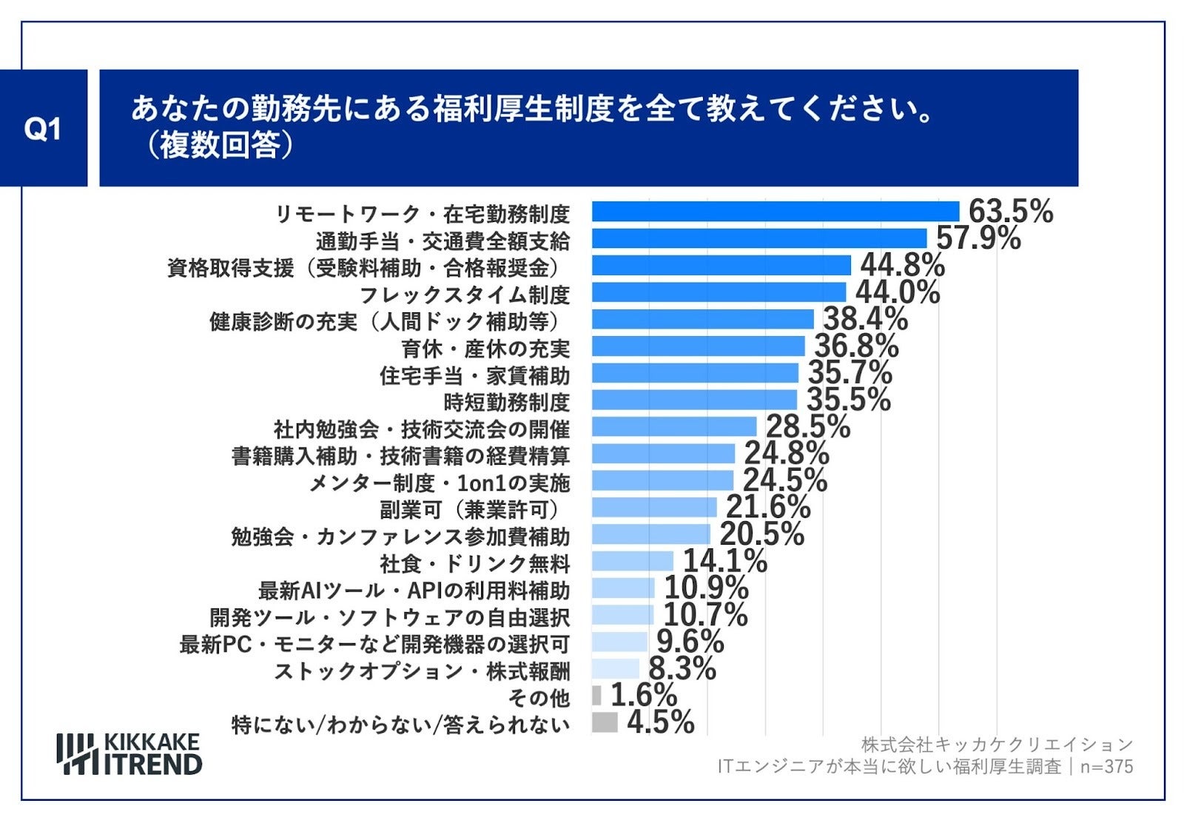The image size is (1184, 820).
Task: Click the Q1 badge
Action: pyautogui.click(x=42, y=129)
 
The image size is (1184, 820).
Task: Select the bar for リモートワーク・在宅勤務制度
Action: pyautogui.click(x=775, y=212)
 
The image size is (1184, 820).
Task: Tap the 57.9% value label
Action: pyautogui.click(x=978, y=238)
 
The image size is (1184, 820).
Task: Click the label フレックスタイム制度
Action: pyautogui.click(x=464, y=295)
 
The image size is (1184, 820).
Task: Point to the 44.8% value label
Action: pyautogui.click(x=901, y=265)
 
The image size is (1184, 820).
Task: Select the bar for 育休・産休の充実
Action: pyautogui.click(x=698, y=346)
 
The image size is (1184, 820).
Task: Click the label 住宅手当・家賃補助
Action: pyautogui.click(x=474, y=375)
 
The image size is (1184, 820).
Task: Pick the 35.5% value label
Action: pyautogui.click(x=848, y=400)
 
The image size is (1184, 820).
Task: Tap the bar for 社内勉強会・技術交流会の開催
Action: pyautogui.click(x=673, y=427)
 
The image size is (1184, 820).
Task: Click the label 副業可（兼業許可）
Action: pyautogui.click(x=470, y=509)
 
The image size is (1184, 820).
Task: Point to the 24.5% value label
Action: pyautogui.click(x=784, y=480)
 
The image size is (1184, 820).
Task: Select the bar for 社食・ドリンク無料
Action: pyautogui.click(x=632, y=561)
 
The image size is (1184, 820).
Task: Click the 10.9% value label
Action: pyautogui.click(x=706, y=588)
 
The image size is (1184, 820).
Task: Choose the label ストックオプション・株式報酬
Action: pyautogui.click(x=422, y=671)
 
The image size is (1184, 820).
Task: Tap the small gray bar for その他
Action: pyautogui.click(x=596, y=696)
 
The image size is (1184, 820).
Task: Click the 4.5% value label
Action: pyautogui.click(x=660, y=722)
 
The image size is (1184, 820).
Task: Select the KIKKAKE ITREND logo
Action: pyautogui.click(x=129, y=754)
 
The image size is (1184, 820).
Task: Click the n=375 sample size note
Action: pyautogui.click(x=1106, y=767)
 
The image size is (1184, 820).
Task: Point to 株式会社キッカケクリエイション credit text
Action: pyautogui.click(x=997, y=745)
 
